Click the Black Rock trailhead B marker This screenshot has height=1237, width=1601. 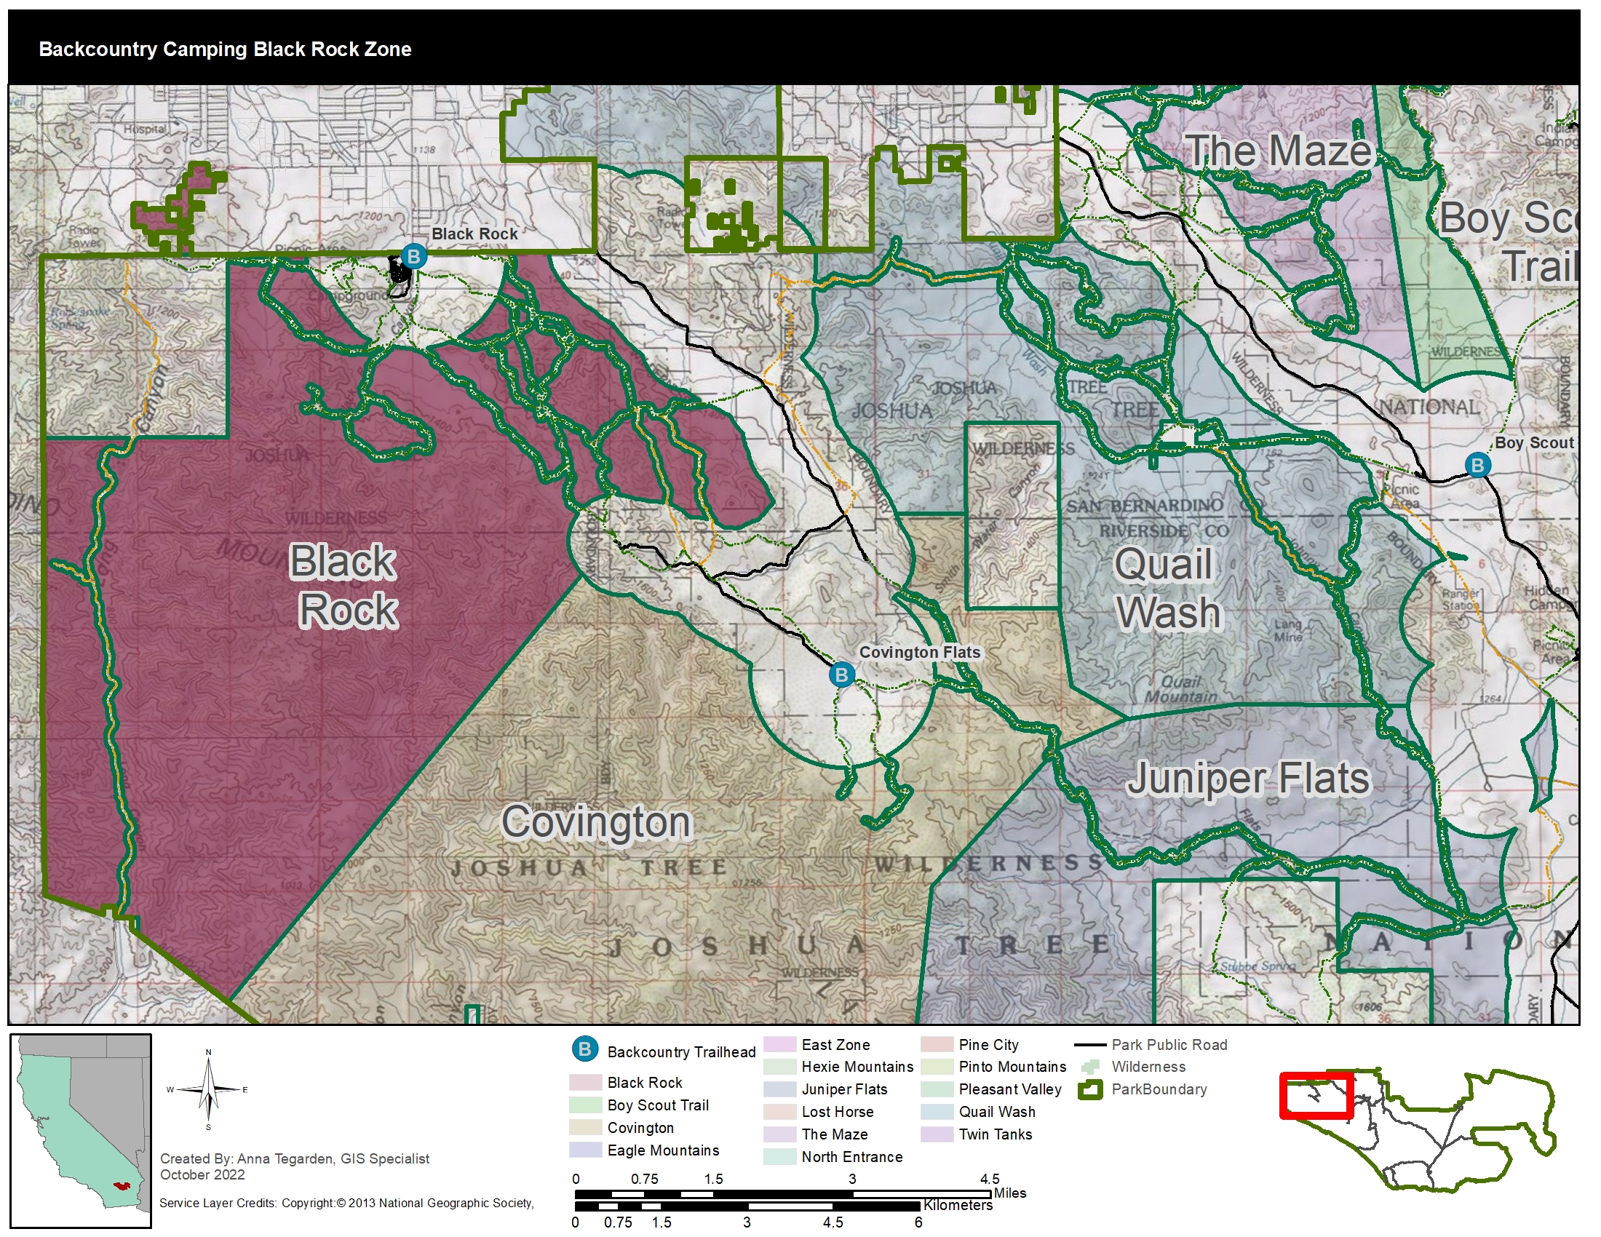(x=413, y=256)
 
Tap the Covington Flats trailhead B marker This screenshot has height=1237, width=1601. (x=841, y=675)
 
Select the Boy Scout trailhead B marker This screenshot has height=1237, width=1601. (x=1477, y=465)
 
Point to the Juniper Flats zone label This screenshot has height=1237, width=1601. (x=1247, y=779)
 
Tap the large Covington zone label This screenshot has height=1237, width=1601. (x=597, y=822)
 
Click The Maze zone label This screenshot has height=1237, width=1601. (x=1279, y=151)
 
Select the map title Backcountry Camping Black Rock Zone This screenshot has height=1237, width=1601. (x=225, y=49)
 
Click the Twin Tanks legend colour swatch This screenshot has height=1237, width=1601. (x=936, y=1134)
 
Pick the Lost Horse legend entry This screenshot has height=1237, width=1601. (x=837, y=1112)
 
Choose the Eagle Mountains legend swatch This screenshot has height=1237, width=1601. (x=585, y=1150)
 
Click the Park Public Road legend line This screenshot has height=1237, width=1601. (x=1090, y=1045)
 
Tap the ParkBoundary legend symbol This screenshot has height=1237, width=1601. (x=1090, y=1090)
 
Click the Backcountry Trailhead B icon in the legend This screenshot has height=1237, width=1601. (x=585, y=1049)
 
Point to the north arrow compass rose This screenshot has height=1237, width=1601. (x=208, y=1091)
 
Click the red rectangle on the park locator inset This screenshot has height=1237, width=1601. (x=1316, y=1097)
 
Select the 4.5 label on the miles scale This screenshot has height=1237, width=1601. (x=990, y=1179)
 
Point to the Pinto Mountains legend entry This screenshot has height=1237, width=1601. (x=1012, y=1067)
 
